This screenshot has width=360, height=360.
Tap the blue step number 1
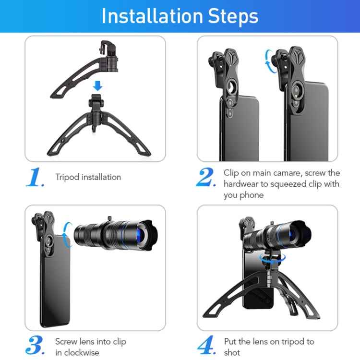coord(35,178)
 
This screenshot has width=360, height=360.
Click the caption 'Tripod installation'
coord(88,177)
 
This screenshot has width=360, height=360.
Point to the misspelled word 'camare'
coord(290,173)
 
